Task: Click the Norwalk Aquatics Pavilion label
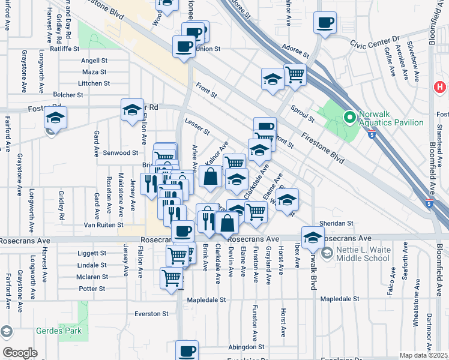click(x=391, y=118)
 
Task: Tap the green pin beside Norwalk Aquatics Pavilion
click(x=348, y=117)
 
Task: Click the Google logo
click(x=20, y=353)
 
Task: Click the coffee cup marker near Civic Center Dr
click(x=325, y=24)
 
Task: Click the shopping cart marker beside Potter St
click(x=172, y=278)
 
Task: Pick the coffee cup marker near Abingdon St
click(x=187, y=350)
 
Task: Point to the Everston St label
click(x=151, y=314)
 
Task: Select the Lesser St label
click(x=197, y=127)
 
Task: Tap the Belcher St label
click(x=68, y=95)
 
